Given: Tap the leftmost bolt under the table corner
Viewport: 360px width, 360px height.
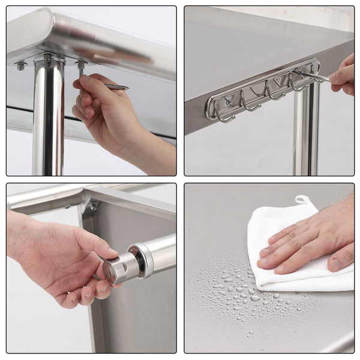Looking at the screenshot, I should [21, 65].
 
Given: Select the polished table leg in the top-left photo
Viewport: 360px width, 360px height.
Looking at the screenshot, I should [48, 120].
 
